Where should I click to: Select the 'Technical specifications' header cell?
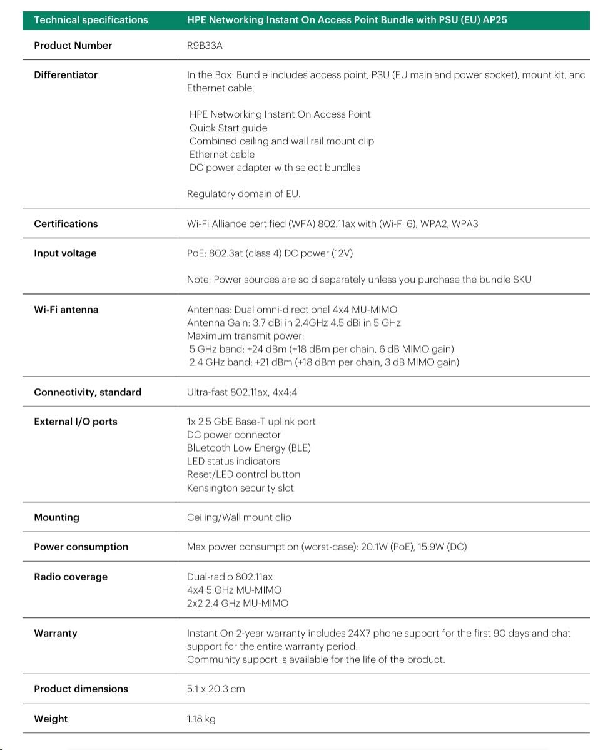pos(91,20)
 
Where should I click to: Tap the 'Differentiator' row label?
pos(66,75)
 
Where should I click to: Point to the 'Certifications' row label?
pos(66,224)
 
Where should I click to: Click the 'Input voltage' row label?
pos(65,253)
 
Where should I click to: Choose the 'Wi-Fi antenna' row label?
pos(66,310)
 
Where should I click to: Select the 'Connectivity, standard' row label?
pos(88,392)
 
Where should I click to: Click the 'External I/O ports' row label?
pos(76,422)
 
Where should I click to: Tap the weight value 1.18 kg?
pos(201,719)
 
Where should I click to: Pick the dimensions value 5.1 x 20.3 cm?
pos(216,689)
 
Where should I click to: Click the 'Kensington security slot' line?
pos(240,488)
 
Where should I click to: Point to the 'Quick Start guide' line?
pos(228,128)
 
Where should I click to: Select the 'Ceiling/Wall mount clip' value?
pos(239,518)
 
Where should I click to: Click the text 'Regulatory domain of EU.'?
pos(243,194)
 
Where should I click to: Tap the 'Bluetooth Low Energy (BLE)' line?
pos(248,448)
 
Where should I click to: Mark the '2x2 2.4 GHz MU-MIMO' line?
pos(238,604)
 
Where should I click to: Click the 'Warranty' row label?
pos(55,633)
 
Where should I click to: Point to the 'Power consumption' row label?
pos(81,547)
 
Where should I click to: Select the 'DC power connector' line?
pos(234,435)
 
